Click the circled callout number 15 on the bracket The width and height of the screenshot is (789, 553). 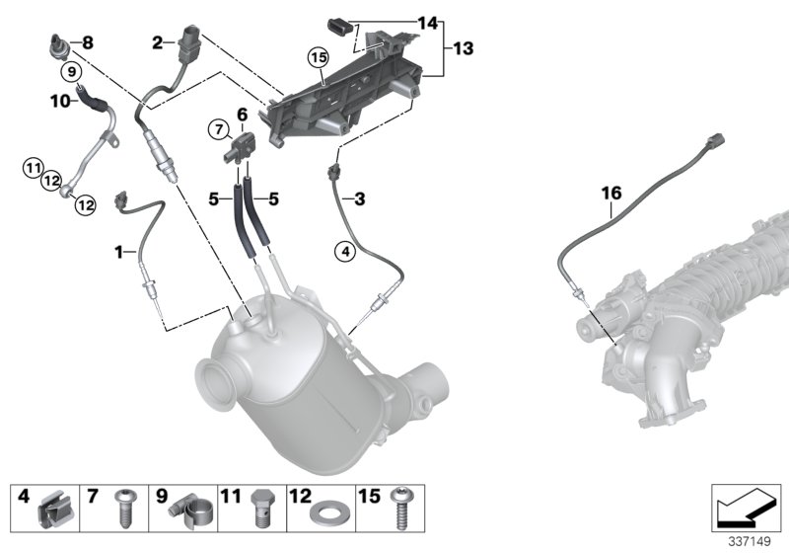(318, 57)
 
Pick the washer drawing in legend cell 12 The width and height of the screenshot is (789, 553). (324, 515)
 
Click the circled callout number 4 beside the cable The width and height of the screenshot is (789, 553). (344, 252)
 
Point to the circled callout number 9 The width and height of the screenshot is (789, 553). (70, 72)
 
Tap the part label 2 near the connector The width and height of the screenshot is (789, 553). (157, 41)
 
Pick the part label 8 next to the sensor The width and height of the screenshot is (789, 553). (86, 42)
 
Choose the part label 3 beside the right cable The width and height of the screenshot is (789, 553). (360, 200)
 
